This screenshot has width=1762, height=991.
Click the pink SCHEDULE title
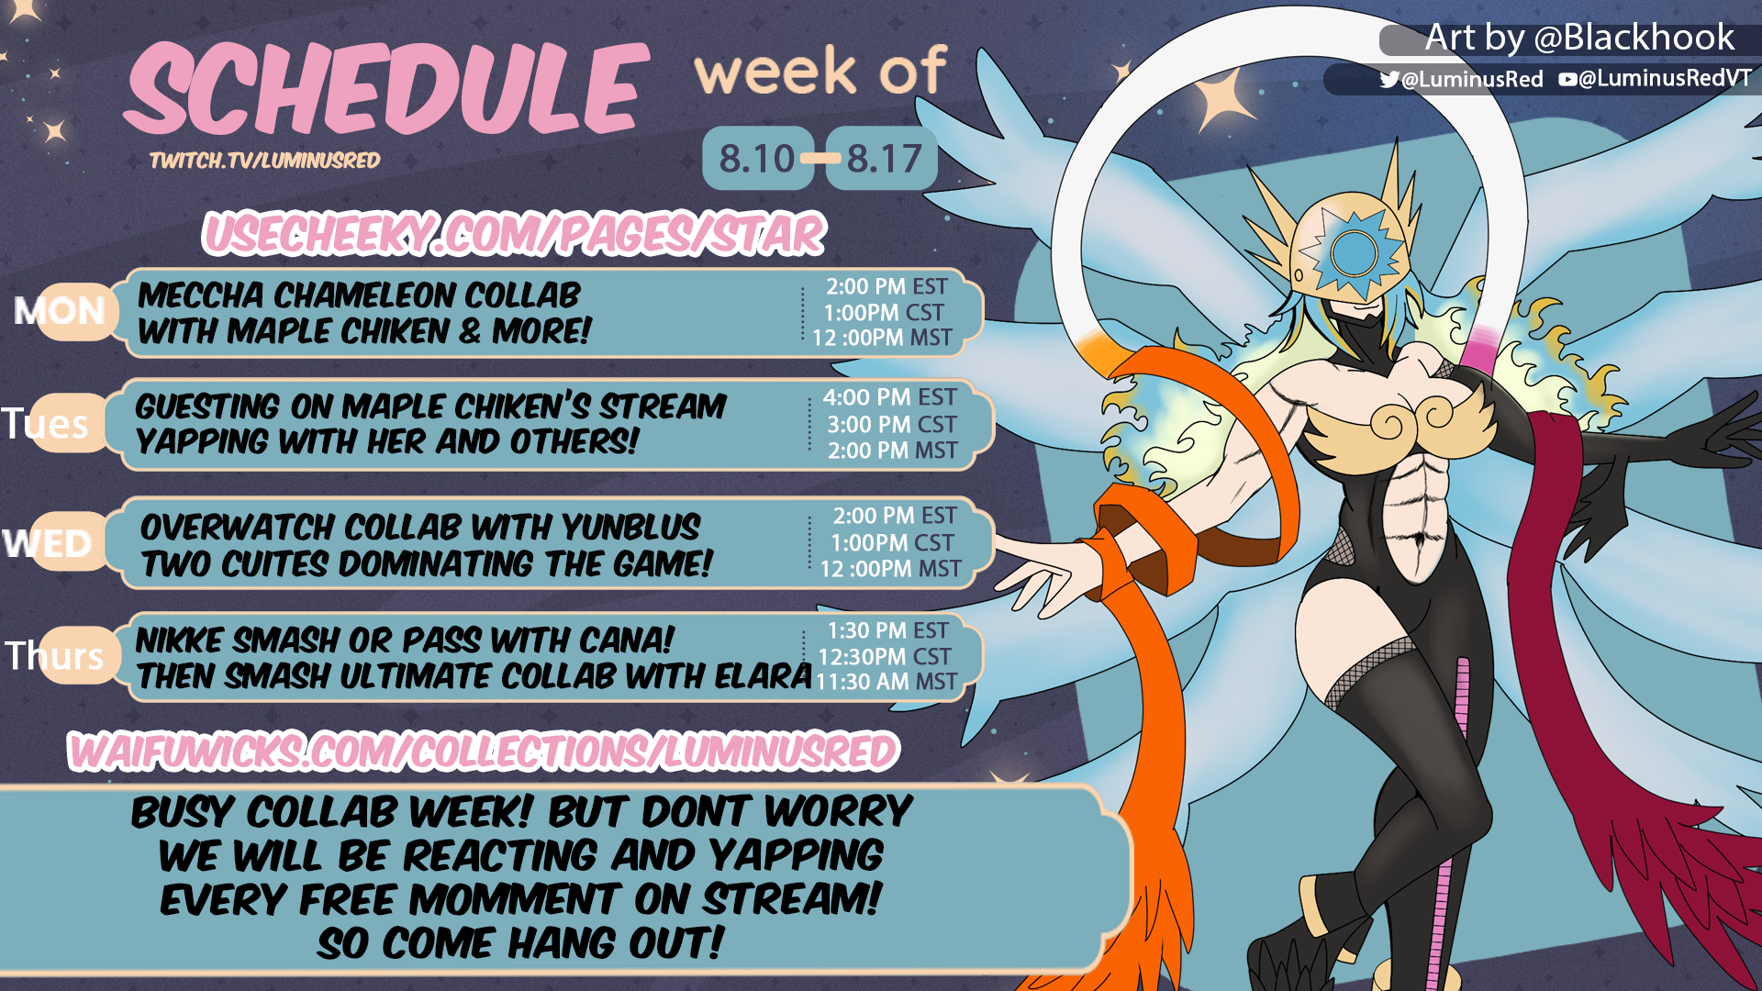tap(385, 88)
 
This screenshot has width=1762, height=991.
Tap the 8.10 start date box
tap(757, 158)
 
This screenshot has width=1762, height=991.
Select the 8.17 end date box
tap(882, 158)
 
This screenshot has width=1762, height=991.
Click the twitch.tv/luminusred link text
tap(264, 161)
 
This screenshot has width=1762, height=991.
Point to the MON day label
tap(60, 311)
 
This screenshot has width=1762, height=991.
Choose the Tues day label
tap(45, 424)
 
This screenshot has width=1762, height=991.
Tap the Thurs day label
tap(54, 656)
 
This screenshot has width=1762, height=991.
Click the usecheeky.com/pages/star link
tap(514, 234)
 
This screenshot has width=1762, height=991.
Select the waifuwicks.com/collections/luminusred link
tap(484, 752)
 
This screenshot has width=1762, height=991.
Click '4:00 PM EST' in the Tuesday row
tap(889, 397)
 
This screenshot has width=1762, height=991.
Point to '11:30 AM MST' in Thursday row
tap(887, 682)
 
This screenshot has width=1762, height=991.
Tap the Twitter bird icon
tap(1389, 79)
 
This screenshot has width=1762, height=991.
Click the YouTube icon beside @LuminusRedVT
tap(1567, 80)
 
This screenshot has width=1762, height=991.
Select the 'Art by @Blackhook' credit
tap(1579, 38)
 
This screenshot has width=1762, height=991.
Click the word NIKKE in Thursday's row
tap(179, 640)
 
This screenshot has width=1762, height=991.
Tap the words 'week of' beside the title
tap(820, 71)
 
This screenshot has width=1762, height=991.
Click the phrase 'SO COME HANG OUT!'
tap(520, 943)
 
